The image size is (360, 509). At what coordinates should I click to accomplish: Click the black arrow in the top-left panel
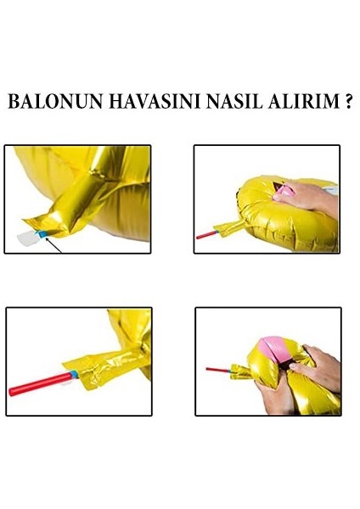56,246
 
